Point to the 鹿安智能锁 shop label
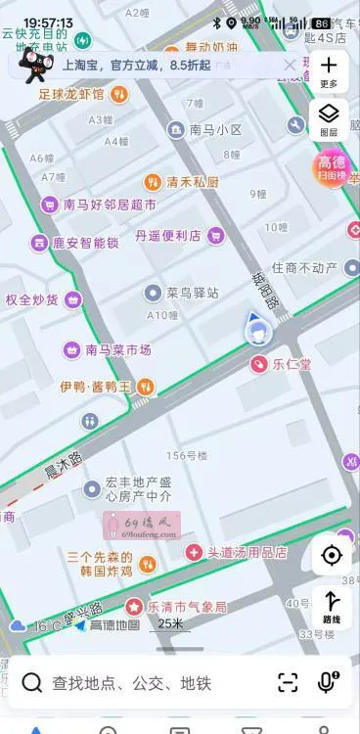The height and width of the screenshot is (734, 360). [85, 242]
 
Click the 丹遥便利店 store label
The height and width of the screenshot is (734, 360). [167, 235]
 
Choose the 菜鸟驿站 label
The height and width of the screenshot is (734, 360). [192, 292]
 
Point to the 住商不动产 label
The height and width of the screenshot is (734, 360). [303, 267]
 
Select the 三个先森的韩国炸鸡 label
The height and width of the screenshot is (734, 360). [98, 564]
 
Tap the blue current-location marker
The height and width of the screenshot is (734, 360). [257, 329]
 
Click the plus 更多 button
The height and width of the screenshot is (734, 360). [329, 68]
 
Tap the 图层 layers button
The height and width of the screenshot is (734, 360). [329, 118]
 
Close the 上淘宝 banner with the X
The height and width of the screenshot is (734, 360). [290, 65]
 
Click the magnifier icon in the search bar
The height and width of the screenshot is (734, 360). [32, 682]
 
